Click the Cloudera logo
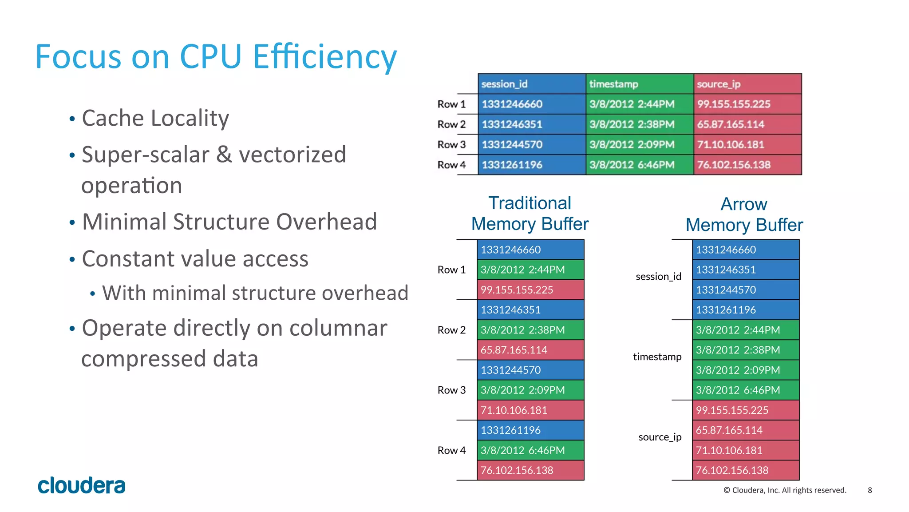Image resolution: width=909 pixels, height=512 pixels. pos(81,485)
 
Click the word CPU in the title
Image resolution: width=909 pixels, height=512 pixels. pos(210,57)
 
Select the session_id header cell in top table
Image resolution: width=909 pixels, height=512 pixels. pos(531,84)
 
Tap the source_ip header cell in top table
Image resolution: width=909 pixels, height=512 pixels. pos(747,84)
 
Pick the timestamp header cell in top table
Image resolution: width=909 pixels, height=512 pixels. pos(639,84)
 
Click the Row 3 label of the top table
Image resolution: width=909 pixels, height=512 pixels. pos(451,145)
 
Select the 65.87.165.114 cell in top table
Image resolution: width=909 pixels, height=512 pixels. pos(747,124)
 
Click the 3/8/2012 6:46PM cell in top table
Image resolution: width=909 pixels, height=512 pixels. pos(639,165)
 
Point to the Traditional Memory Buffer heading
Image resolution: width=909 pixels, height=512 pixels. pos(530,214)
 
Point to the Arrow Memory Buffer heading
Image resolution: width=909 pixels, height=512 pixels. pos(744,214)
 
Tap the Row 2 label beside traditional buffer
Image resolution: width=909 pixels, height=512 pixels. pos(451,330)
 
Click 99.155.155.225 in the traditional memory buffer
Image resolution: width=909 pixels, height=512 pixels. pos(530,290)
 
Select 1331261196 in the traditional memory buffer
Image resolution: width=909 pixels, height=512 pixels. pos(530,430)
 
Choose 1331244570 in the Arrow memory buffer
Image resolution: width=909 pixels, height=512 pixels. pos(745,290)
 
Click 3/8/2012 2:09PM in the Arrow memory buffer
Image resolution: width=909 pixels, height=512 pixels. pos(745,370)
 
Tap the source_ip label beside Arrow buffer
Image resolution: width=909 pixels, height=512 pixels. pos(660,437)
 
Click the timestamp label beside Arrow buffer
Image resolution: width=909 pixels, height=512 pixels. pos(657,357)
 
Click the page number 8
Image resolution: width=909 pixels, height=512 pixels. pos(869,490)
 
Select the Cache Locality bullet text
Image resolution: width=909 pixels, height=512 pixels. pos(155,119)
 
